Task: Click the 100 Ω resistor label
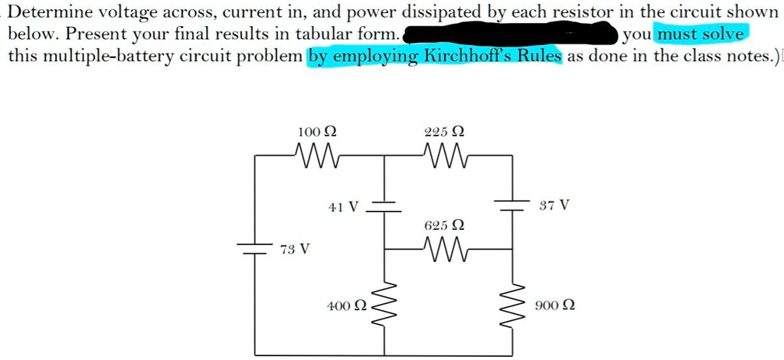[x=317, y=132]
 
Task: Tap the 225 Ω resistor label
[x=443, y=132]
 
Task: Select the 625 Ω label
[x=444, y=225]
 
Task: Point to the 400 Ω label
[x=344, y=306]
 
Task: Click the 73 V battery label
[x=295, y=249]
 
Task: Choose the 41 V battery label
[x=342, y=207]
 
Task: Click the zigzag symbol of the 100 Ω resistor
[x=317, y=155]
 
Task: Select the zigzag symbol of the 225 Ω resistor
[x=443, y=155]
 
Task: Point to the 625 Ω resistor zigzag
[x=443, y=248]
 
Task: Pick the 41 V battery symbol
[x=384, y=206]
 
